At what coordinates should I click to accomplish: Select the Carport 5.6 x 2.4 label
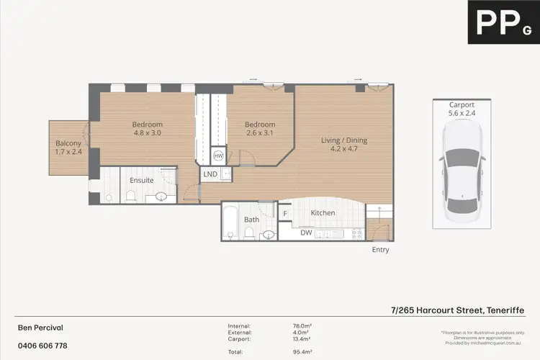[462, 109]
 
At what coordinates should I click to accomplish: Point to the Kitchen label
[323, 213]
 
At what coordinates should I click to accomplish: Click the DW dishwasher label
[307, 233]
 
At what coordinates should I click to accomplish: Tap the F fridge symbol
[285, 214]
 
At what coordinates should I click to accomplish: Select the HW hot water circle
[218, 156]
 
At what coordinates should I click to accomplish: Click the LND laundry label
[210, 174]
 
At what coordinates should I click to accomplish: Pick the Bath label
[251, 220]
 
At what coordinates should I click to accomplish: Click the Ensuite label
[141, 180]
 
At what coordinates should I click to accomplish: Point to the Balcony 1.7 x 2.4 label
[68, 147]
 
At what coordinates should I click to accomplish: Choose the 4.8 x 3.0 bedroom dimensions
[148, 132]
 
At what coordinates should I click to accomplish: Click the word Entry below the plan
[380, 250]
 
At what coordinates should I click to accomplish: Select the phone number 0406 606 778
[42, 346]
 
